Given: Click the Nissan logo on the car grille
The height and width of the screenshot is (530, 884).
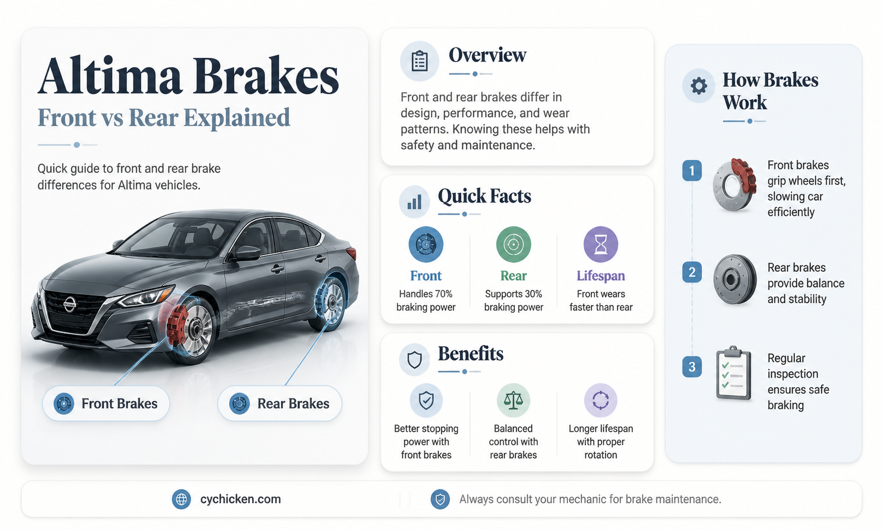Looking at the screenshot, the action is pos(69,303).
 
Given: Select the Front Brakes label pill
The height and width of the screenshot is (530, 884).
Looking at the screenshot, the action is pos(106,403).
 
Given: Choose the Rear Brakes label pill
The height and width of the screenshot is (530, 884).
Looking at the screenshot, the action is pos(280,403).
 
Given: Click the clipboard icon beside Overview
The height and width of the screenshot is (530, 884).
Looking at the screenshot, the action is pos(419,61).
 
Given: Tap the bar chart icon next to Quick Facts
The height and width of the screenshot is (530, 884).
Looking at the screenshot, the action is pos(414,202).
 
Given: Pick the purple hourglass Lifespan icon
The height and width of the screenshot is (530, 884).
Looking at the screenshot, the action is pos(601,245).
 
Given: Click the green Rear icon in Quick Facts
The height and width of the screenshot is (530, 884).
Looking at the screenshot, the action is pos(513,245).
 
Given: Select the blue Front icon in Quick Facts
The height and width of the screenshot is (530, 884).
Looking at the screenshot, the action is pos(426,245).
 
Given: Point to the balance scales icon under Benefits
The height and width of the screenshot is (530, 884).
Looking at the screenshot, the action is pos(513,400).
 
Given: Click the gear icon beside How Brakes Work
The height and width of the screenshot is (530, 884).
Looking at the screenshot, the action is pos(698,86).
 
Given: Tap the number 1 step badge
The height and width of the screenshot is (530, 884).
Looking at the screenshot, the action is pos(692,170).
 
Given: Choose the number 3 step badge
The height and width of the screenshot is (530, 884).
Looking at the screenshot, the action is pos(692,367).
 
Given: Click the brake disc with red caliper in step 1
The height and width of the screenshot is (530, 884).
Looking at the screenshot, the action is pos(734,184).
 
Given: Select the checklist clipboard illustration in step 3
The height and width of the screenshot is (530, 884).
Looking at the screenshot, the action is pos(734,373).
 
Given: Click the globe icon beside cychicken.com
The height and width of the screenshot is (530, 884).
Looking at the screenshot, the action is pos(181,499).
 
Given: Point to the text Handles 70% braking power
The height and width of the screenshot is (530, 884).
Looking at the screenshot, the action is pos(426,300).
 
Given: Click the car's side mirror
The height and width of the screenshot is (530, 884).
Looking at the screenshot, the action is pos(247,253).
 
